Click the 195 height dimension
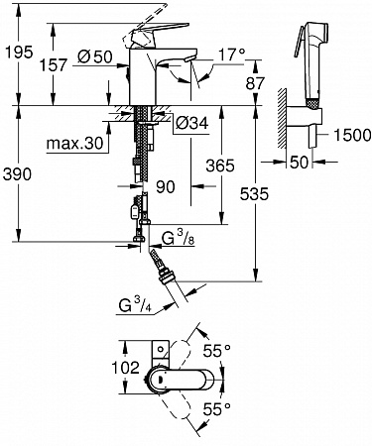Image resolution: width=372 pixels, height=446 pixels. (20, 52)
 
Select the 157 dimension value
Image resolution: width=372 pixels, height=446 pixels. (54, 64)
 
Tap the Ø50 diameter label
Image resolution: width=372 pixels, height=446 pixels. (95, 56)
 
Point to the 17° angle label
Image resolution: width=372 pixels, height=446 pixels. (232, 55)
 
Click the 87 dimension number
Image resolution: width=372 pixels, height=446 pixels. (255, 83)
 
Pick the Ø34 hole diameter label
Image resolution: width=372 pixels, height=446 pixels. (191, 124)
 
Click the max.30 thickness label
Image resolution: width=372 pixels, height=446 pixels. (75, 144)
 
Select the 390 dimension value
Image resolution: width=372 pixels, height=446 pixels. (17, 174)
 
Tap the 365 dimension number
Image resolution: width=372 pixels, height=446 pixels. (220, 166)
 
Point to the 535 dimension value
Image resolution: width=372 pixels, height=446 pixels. (254, 194)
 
